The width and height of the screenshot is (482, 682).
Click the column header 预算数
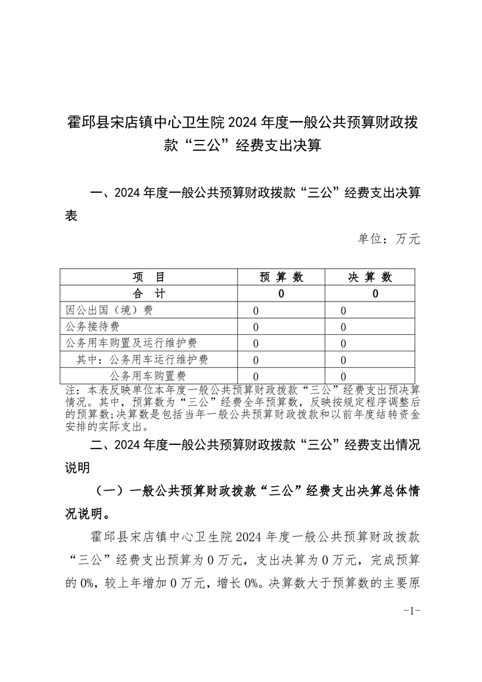tap(281, 277)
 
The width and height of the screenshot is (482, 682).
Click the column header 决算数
tap(370, 277)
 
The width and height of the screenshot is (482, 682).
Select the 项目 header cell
tap(148, 277)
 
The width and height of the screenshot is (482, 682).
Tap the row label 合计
tap(148, 294)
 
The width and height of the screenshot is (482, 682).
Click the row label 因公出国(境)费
tap(109, 311)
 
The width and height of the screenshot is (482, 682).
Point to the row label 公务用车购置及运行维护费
tap(131, 343)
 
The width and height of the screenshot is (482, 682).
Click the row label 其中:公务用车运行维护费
tap(142, 360)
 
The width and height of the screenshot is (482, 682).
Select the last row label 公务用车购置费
tap(148, 376)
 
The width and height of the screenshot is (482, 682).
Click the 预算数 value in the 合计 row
tap(281, 294)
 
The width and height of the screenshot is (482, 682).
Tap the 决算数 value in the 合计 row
tap(375, 294)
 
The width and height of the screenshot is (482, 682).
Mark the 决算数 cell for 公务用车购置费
tap(343, 376)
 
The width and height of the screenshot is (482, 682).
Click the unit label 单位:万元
tap(389, 239)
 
